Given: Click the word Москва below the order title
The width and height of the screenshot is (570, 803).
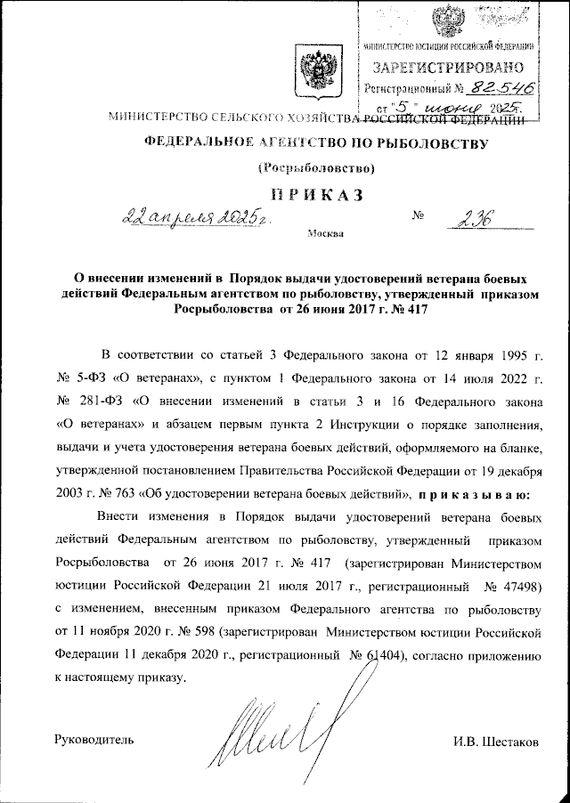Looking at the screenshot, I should point(323,235).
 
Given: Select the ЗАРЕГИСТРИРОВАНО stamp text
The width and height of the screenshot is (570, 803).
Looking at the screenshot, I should point(447,67).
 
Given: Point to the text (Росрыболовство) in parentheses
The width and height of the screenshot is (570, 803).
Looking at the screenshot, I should point(310,169).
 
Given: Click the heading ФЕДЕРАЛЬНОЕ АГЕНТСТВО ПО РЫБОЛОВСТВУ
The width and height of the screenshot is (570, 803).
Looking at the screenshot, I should point(309,142).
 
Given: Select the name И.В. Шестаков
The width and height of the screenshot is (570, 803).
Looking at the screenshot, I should point(496,741).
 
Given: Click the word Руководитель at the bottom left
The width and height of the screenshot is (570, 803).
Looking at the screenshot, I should point(94,741).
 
